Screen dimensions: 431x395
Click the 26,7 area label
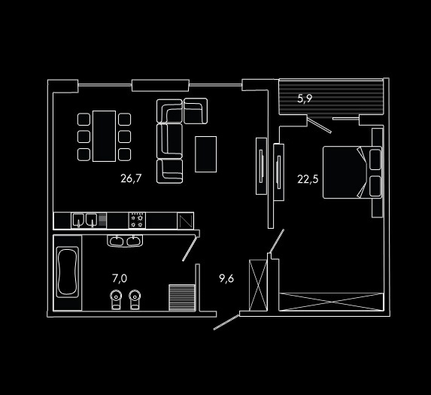131,178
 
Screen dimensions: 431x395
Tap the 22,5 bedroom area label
308,179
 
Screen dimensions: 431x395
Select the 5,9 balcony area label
305,99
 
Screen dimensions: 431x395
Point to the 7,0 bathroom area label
120,278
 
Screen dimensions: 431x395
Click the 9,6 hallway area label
226,278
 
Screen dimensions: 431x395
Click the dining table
104,136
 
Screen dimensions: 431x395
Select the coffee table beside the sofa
205,154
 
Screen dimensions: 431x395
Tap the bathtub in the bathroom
68,272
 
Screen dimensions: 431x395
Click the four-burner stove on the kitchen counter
137,220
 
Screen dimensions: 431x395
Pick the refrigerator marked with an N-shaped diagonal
186,220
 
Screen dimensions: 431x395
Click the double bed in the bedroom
352,172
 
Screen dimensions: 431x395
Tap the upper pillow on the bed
375,160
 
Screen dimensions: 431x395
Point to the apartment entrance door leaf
226,322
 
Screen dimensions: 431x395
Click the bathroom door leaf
190,249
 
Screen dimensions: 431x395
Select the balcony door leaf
319,125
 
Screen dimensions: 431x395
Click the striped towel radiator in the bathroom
182,298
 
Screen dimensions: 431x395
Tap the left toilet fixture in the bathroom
116,299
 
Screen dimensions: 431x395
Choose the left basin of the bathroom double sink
117,241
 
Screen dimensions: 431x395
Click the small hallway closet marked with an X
258,285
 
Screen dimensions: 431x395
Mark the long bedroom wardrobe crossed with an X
331,302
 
